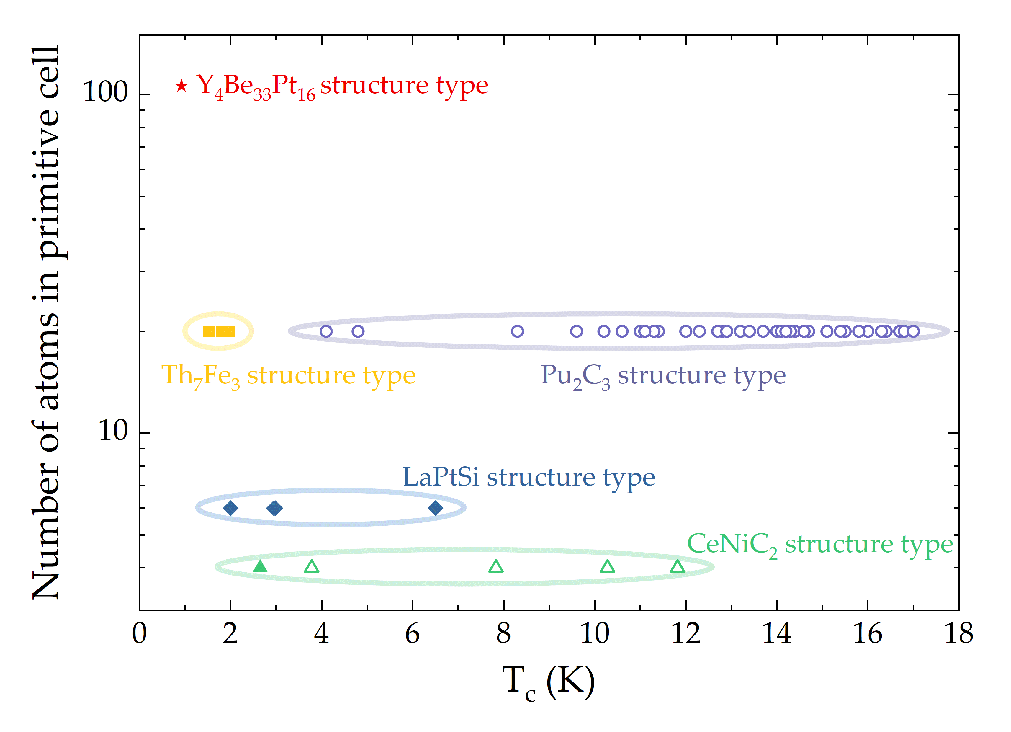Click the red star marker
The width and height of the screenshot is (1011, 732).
(x=181, y=86)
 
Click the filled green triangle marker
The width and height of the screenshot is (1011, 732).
(x=260, y=567)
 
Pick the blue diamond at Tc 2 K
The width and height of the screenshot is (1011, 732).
(x=230, y=508)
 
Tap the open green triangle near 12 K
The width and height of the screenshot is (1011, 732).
(x=677, y=567)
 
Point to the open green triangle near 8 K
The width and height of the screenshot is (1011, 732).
(x=496, y=567)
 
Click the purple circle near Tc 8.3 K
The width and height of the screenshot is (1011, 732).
(x=517, y=331)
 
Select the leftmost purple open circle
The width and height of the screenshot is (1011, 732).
(x=326, y=331)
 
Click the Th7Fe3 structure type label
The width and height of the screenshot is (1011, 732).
(x=288, y=375)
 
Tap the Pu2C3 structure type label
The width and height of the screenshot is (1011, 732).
(x=662, y=375)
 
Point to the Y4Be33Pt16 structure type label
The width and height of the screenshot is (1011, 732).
(x=342, y=86)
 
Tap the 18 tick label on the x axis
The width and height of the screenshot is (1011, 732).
(x=959, y=633)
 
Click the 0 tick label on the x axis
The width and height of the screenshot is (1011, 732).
(x=140, y=633)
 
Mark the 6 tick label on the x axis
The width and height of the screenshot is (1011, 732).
(x=412, y=633)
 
